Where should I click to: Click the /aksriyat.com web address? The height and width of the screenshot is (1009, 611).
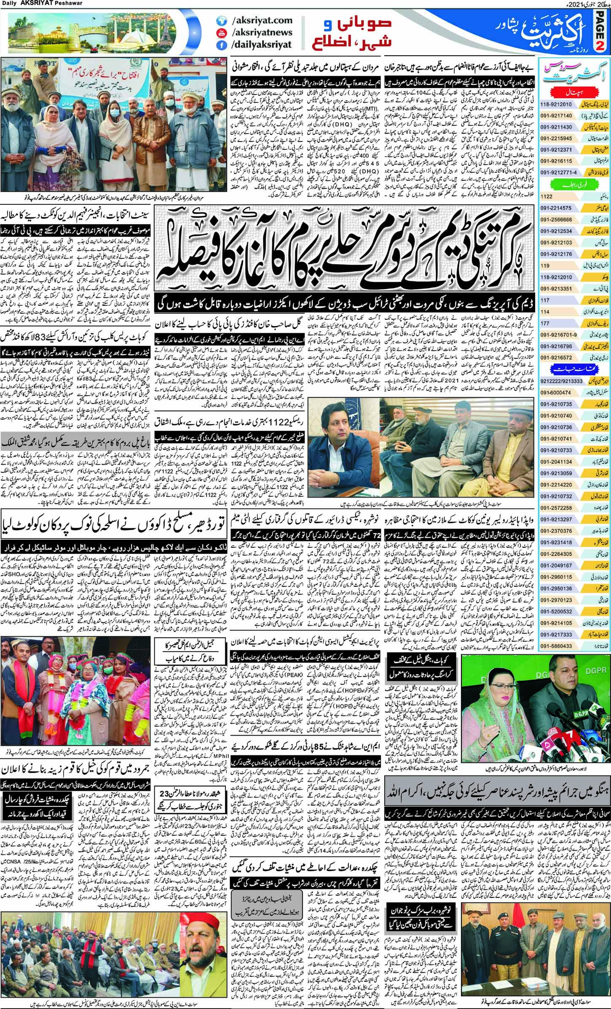pyautogui.click(x=256, y=20)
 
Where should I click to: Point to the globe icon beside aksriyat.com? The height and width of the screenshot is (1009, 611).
pyautogui.click(x=219, y=20)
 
